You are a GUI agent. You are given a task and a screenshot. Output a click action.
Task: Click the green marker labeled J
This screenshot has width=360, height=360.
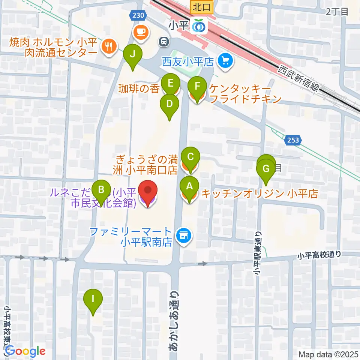point(133,55)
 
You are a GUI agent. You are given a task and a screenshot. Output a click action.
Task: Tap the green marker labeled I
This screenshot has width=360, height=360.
point(92,300)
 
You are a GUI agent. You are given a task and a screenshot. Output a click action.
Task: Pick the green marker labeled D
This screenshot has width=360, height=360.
point(169,105)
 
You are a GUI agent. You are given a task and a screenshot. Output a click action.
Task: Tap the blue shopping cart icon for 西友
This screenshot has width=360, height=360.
point(225,60)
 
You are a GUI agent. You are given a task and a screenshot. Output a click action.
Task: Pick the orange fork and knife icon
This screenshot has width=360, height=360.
point(108,46)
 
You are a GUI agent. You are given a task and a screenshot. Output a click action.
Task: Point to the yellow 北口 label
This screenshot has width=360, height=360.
point(202,6)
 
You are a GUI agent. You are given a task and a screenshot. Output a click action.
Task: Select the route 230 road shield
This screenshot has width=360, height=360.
point(138,15)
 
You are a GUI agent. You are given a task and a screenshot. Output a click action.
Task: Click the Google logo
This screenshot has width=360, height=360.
point(25,351)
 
